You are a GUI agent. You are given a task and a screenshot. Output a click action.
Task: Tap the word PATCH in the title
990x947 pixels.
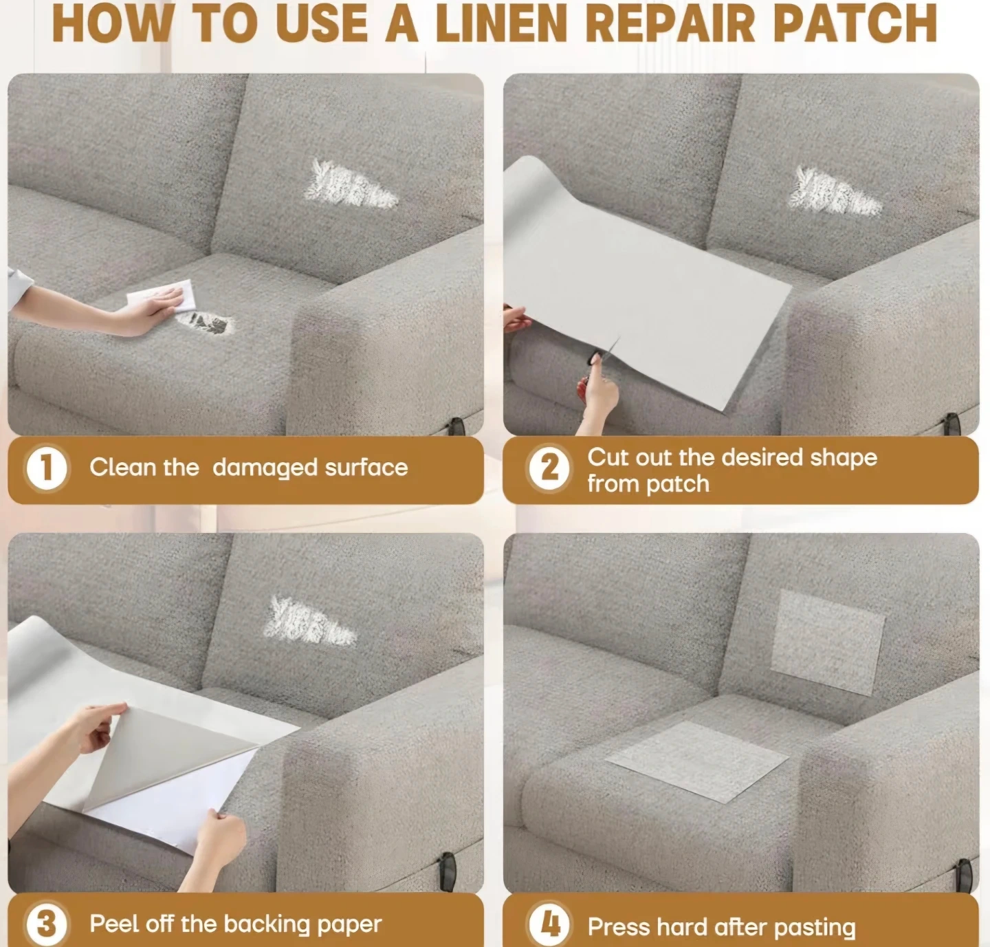click(x=855, y=23)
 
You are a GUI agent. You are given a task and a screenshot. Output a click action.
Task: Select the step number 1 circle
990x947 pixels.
click(x=46, y=468)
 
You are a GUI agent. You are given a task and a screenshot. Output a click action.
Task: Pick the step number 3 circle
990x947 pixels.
click(x=46, y=924)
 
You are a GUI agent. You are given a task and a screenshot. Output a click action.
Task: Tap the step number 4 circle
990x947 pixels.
click(x=549, y=924)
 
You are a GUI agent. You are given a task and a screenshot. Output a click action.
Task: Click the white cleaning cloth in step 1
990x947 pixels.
click(x=162, y=294)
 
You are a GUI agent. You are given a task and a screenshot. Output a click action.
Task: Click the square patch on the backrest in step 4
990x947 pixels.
click(x=828, y=642)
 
